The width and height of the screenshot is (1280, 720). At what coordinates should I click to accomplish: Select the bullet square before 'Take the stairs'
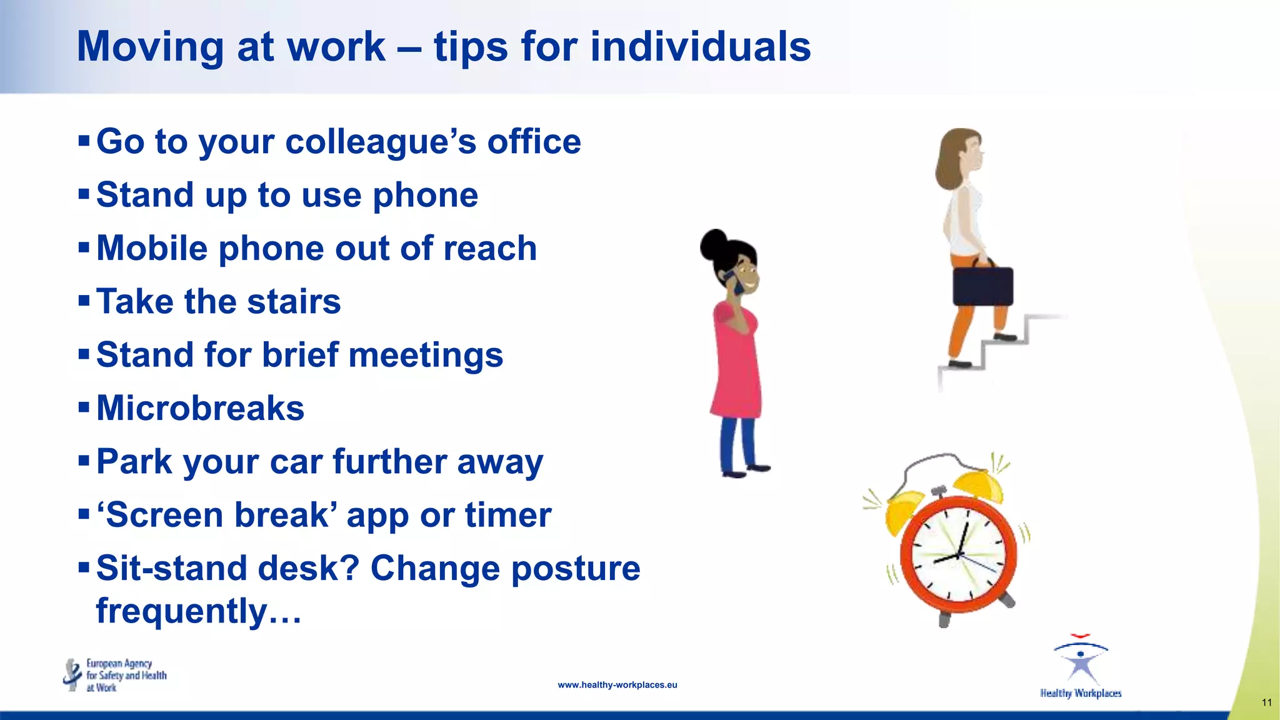pyautogui.click(x=84, y=301)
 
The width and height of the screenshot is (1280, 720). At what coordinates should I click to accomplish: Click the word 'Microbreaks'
pyautogui.click(x=200, y=408)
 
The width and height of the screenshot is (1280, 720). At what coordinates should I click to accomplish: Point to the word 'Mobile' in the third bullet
pyautogui.click(x=152, y=248)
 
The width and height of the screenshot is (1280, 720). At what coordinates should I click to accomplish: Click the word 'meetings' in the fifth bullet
pyautogui.click(x=426, y=355)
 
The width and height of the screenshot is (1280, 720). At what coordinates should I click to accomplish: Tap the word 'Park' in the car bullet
pyautogui.click(x=134, y=462)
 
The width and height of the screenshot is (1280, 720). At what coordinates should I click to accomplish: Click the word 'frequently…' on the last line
pyautogui.click(x=199, y=611)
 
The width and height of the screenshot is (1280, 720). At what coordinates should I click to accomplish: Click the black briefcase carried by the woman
pyautogui.click(x=982, y=286)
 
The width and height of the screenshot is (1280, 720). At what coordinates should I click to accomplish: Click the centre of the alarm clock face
pyautogui.click(x=957, y=555)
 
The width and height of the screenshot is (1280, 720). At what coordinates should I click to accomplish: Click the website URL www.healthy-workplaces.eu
pyautogui.click(x=617, y=685)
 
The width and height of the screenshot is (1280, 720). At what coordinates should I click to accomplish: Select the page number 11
pyautogui.click(x=1266, y=702)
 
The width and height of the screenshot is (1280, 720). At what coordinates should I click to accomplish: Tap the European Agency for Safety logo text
pyautogui.click(x=126, y=675)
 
